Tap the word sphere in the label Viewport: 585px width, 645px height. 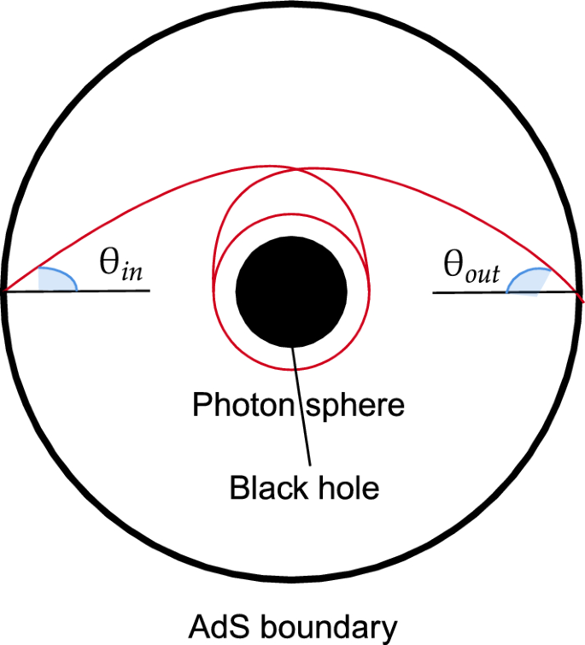354,404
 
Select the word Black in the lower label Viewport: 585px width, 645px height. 264,488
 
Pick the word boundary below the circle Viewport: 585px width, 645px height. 327,627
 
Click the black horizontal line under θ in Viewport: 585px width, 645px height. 111,291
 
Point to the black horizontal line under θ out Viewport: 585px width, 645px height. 470,292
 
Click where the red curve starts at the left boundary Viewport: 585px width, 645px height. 7,291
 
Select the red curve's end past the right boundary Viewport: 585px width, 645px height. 582,301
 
